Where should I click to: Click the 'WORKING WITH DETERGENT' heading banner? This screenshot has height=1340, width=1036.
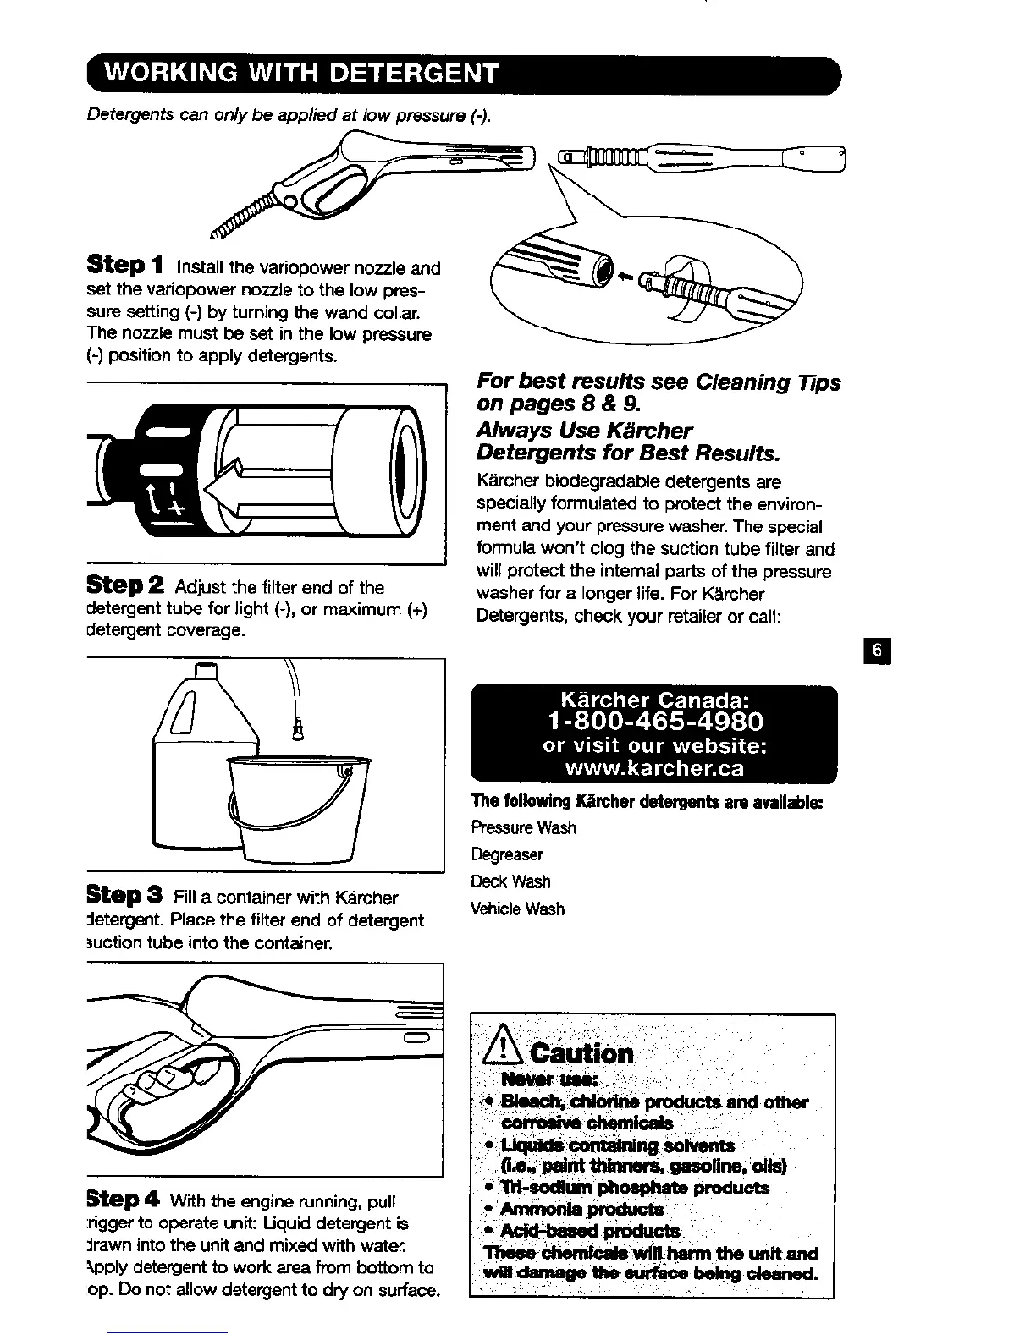tap(299, 74)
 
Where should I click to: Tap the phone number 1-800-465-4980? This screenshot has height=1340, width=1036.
tap(655, 722)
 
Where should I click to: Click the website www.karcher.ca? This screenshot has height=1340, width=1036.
tap(654, 768)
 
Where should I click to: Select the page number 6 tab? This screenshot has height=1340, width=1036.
tap(878, 651)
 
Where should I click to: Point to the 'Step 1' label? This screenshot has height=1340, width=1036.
tap(126, 266)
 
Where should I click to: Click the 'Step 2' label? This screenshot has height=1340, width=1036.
tap(126, 585)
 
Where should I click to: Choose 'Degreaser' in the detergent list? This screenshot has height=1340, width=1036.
tap(507, 855)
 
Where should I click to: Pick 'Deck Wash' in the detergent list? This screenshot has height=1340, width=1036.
tap(510, 882)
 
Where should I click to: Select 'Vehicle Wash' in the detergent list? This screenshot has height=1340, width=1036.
tap(517, 909)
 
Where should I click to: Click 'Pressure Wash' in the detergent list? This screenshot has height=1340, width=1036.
tap(523, 828)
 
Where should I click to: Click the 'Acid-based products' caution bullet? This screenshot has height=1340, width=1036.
tap(589, 1231)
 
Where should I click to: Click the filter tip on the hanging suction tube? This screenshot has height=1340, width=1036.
tap(298, 725)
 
